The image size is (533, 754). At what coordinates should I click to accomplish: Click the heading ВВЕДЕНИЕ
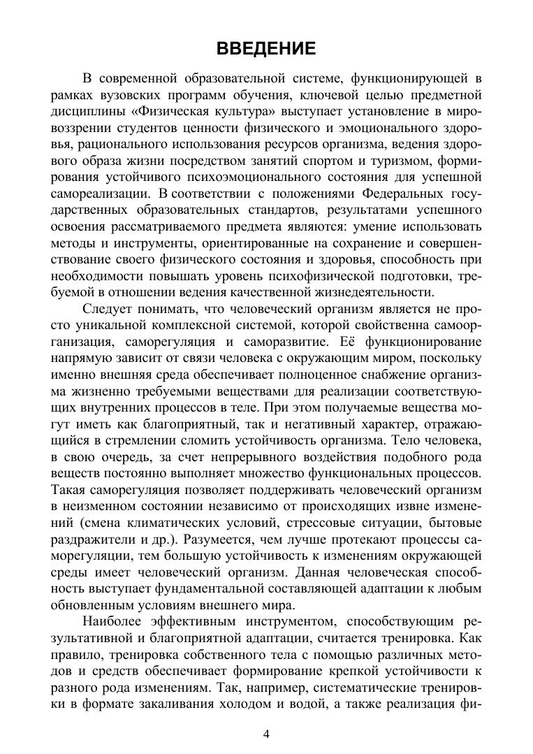(266, 49)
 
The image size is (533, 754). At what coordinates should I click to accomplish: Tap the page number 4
(266, 733)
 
